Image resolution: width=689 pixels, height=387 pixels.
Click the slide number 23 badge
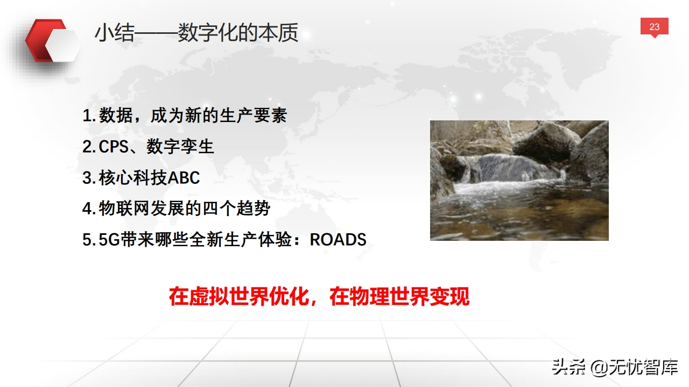tap(654, 27)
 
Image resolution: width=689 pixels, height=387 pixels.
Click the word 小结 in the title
tap(115, 33)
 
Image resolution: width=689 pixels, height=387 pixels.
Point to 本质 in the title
tap(278, 33)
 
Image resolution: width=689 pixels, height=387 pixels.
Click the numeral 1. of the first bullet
tap(89, 116)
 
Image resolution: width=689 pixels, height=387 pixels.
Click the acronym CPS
tap(114, 147)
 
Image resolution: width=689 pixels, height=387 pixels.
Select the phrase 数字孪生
tap(180, 147)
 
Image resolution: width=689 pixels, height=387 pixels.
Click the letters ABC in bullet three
tap(184, 177)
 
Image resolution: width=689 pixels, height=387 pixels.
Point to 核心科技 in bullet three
tap(133, 177)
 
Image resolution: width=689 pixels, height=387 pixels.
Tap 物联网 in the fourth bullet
tap(124, 209)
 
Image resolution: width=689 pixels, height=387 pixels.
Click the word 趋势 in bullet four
tap(254, 209)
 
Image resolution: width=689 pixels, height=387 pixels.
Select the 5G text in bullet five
tap(109, 240)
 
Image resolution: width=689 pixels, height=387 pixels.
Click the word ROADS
tap(338, 240)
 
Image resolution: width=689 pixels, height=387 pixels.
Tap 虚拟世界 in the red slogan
tap(229, 297)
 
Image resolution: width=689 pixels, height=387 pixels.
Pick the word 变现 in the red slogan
tap(449, 297)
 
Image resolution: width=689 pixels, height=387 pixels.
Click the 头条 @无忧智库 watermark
tap(615, 367)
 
